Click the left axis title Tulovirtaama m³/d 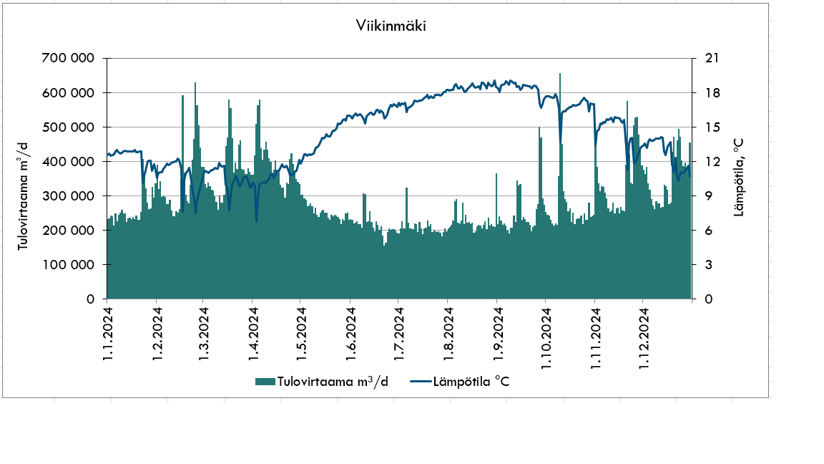[x=24, y=195]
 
